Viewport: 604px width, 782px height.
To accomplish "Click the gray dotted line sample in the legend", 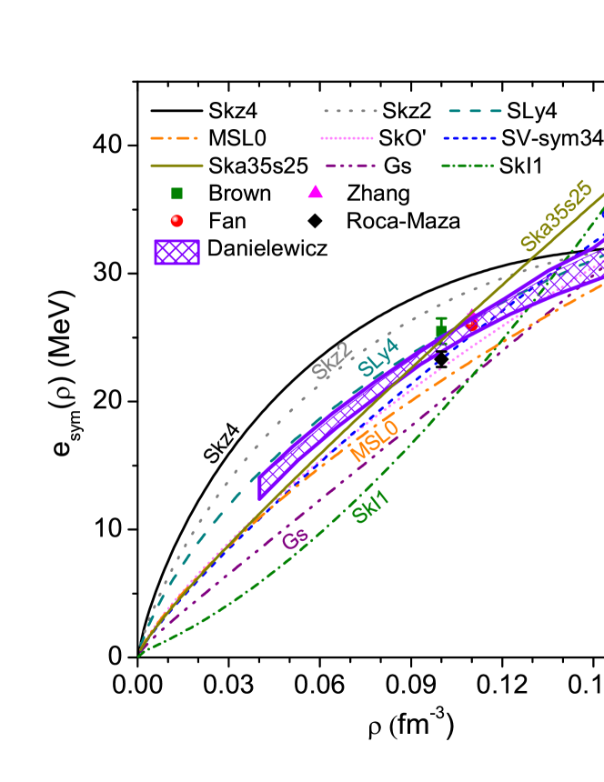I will tap(350, 111).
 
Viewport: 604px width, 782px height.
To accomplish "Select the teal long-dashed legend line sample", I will tap(475, 111).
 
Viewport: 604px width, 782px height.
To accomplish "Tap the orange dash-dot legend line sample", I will tap(175, 138).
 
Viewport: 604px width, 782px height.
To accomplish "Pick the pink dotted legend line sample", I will tap(347, 138).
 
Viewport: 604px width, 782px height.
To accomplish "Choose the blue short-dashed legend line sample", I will tap(470, 138).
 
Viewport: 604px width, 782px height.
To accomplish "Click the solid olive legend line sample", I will tap(176, 165).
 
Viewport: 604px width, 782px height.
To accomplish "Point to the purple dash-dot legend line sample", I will tap(350, 165).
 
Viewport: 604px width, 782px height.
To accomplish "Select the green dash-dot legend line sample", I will tap(468, 165).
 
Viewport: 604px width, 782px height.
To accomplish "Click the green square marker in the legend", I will tap(176, 194).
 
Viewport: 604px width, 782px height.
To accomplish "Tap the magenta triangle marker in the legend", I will tap(315, 192).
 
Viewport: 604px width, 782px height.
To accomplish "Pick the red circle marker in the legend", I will tap(176, 220).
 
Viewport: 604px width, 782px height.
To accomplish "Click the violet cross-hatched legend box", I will tap(176, 252).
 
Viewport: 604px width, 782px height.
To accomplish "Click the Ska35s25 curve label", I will tap(556, 216).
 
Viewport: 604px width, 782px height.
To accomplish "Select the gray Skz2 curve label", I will tap(330, 361).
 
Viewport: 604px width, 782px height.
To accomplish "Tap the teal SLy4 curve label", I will tap(377, 356).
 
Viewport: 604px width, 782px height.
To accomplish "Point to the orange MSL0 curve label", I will tap(374, 441).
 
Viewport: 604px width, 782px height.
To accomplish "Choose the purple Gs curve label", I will tap(295, 539).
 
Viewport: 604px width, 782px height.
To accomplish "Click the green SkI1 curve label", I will tap(370, 507).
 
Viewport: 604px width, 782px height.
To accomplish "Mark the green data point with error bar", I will tap(441, 329).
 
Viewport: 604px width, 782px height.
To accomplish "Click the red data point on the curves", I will tap(472, 324).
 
